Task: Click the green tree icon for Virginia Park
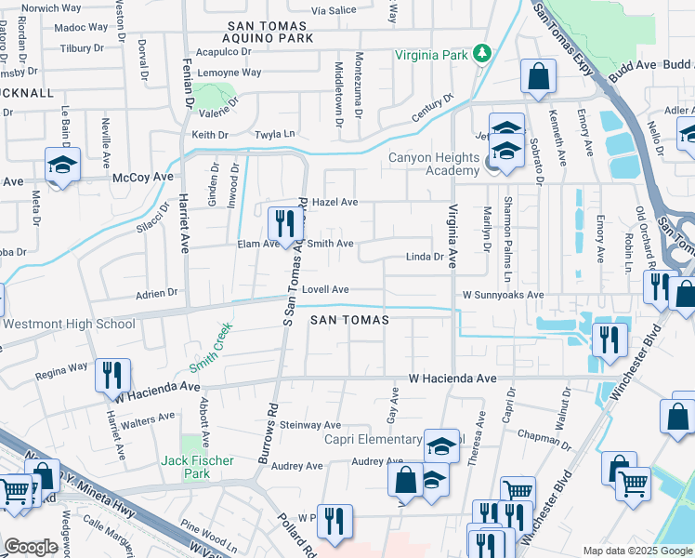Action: (x=482, y=54)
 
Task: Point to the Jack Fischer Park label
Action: (x=197, y=460)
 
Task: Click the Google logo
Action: (x=31, y=547)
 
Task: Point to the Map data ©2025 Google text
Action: (x=636, y=551)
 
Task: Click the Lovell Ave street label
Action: (x=324, y=289)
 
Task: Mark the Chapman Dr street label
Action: (x=548, y=434)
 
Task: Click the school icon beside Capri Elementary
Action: (x=443, y=445)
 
